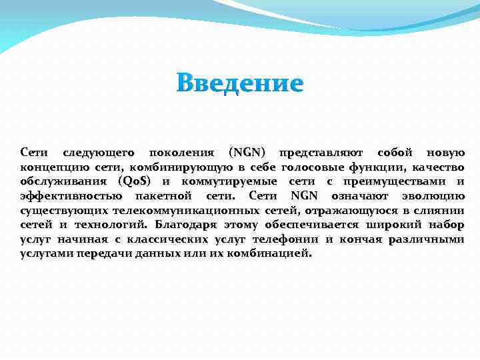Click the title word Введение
[240, 84]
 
